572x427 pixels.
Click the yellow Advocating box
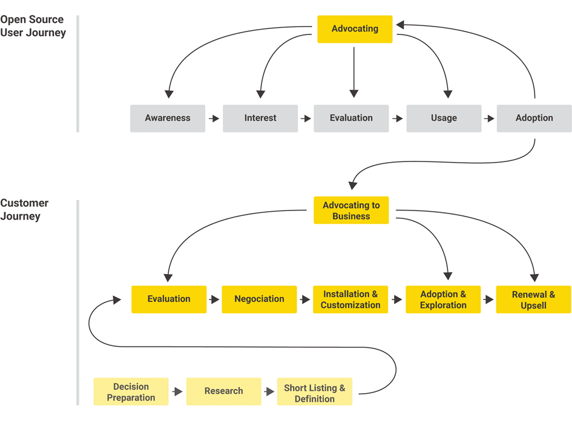point(355,29)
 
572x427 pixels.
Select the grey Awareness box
point(168,119)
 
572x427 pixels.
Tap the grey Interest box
point(260,119)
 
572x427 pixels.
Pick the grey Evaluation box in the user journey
point(351,119)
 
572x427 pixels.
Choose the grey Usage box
point(444,119)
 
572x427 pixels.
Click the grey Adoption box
point(534,119)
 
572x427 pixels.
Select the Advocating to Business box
point(351,210)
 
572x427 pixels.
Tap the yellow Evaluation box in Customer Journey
point(169,299)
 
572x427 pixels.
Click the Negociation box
point(259,299)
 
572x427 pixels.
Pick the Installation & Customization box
point(350,299)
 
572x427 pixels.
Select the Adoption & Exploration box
point(443,299)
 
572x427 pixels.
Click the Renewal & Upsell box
point(533,299)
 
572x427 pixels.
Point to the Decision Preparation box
point(131,392)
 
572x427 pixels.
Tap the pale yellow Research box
point(223,391)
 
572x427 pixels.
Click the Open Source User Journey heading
point(33,26)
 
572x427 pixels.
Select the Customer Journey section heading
point(24,209)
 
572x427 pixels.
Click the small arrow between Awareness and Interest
point(214,119)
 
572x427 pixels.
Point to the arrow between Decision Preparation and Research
point(177,392)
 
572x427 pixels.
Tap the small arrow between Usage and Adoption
point(489,119)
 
